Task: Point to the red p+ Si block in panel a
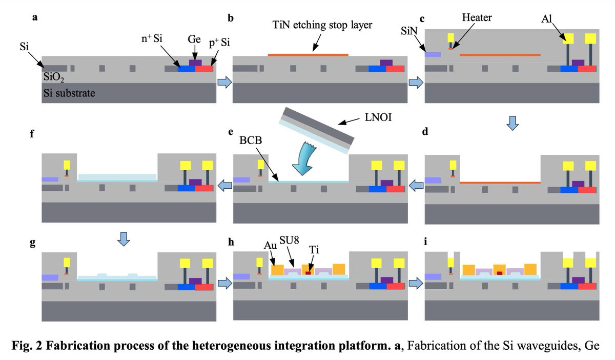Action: [204, 69]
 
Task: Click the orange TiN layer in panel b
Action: [308, 54]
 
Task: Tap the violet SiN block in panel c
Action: [433, 54]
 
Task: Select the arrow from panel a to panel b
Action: [224, 82]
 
